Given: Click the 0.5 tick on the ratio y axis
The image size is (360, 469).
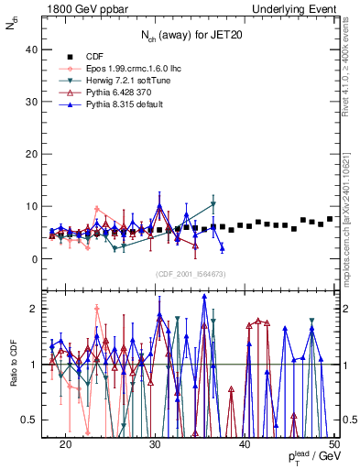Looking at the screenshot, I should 33,420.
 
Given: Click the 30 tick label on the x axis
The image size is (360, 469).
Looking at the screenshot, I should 155,444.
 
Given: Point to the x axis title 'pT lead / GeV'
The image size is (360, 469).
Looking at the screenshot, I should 311,457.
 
